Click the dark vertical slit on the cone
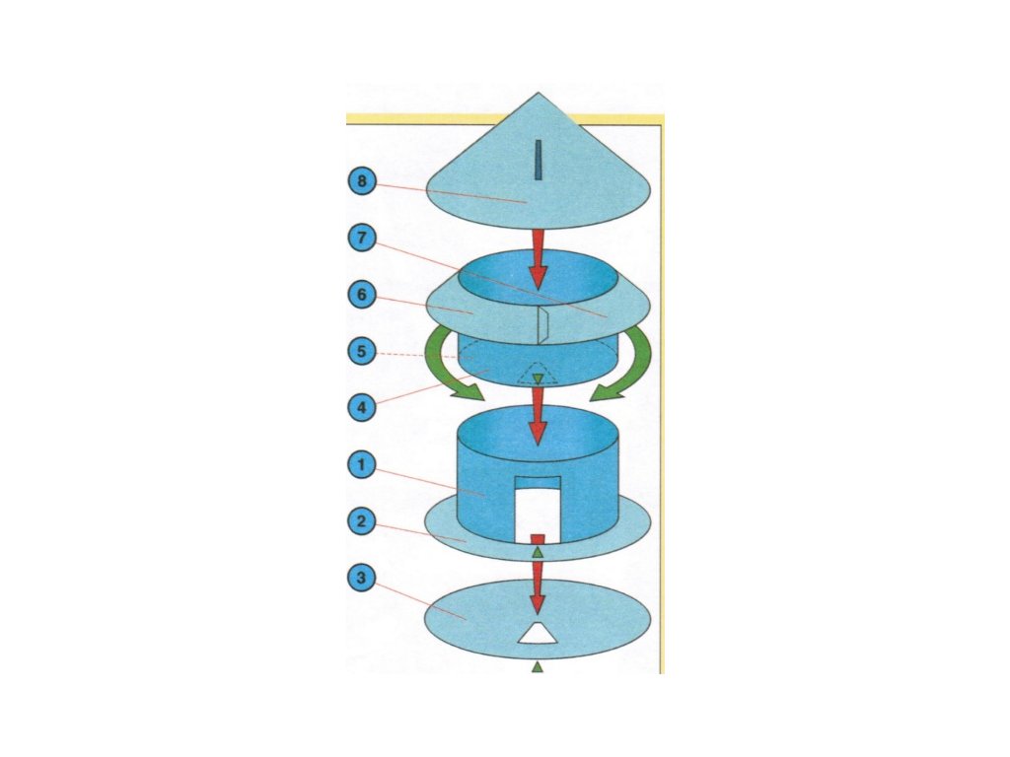pyautogui.click(x=538, y=161)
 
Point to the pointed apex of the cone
pyautogui.click(x=538, y=95)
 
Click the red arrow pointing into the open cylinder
pyautogui.click(x=538, y=414)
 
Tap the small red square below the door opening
pyautogui.click(x=538, y=538)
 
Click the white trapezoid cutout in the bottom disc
pyautogui.click(x=538, y=634)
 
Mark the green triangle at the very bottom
pyautogui.click(x=538, y=667)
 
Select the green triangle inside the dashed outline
pyautogui.click(x=538, y=378)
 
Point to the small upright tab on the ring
pyautogui.click(x=541, y=322)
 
